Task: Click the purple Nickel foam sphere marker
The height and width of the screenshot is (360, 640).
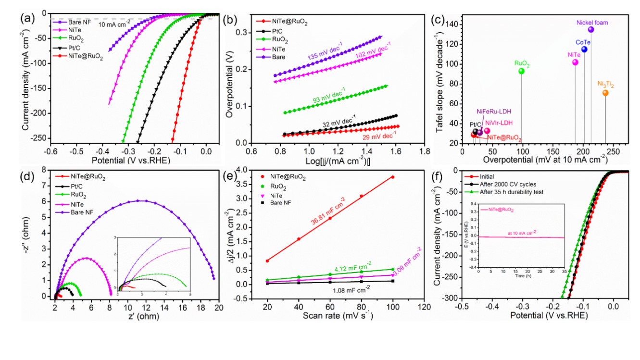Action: tap(591, 30)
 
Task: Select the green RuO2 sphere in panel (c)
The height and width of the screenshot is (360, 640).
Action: tap(521, 71)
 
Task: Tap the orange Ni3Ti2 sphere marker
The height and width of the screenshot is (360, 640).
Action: tap(605, 93)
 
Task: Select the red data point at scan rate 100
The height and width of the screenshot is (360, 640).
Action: tap(393, 177)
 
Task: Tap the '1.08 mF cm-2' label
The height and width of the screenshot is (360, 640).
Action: tap(352, 290)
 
